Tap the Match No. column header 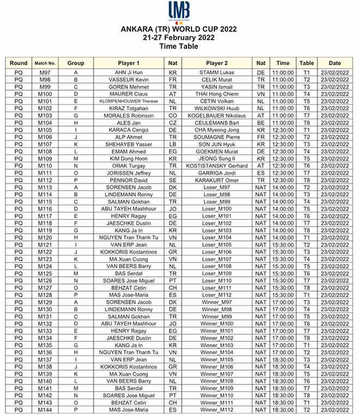45,63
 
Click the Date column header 334,63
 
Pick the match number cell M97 45,72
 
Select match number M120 45,238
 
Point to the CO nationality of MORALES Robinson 173,116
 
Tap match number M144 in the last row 45,410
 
